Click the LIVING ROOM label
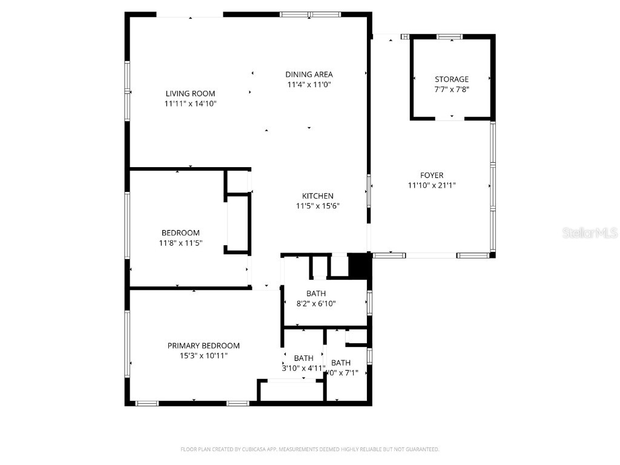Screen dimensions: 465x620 190,94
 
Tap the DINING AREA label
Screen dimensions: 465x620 309,74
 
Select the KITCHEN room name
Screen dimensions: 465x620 317,196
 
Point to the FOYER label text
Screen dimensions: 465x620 432,176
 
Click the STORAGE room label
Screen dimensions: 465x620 451,79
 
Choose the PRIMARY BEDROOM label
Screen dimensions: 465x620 203,346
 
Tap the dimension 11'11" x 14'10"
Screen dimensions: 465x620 190,104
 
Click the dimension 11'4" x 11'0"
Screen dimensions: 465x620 309,85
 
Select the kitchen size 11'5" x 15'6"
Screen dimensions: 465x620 317,206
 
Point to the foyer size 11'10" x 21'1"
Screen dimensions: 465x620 432,185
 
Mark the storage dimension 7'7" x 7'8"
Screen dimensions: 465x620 451,89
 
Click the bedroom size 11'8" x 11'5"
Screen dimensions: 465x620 180,243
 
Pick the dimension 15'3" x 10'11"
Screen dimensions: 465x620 203,355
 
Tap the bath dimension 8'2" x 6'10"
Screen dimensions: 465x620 315,304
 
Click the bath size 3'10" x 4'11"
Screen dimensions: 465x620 303,368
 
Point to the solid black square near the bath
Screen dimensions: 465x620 359,266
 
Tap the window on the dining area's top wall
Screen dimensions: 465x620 309,14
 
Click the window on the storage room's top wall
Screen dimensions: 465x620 450,37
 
